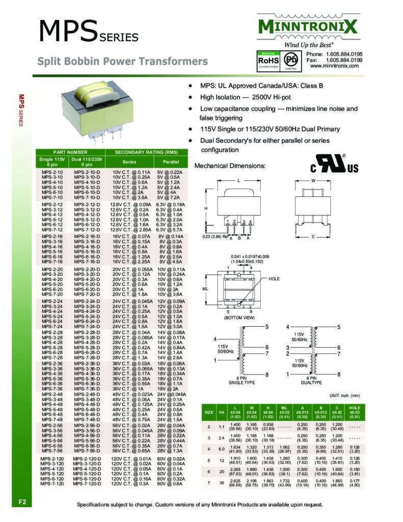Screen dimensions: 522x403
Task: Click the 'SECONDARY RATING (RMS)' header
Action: (x=146, y=152)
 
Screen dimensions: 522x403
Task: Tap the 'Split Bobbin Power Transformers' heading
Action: (x=123, y=62)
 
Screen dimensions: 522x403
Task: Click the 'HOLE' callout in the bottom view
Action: (x=275, y=279)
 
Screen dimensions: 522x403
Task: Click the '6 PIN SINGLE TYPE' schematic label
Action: (x=238, y=380)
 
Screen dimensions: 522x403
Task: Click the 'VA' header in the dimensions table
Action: (x=222, y=411)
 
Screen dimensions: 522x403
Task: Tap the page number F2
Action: (x=23, y=502)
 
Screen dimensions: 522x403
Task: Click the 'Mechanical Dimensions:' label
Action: (x=230, y=166)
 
